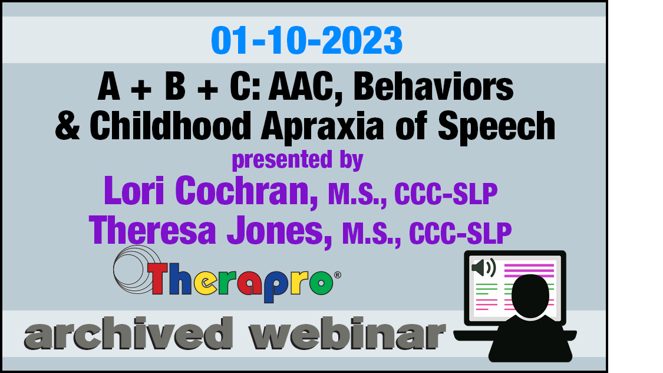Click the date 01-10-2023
(x=306, y=41)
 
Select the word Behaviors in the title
(x=433, y=87)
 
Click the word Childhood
(x=170, y=126)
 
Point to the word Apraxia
(x=322, y=127)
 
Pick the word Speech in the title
(x=496, y=127)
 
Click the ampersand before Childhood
(x=68, y=126)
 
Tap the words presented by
(x=297, y=160)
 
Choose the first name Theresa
(x=153, y=230)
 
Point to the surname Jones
(x=279, y=231)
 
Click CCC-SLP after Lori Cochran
(x=446, y=194)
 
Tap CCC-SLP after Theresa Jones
(x=460, y=233)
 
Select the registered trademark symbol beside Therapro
(x=338, y=275)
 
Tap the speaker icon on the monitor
(x=484, y=268)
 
